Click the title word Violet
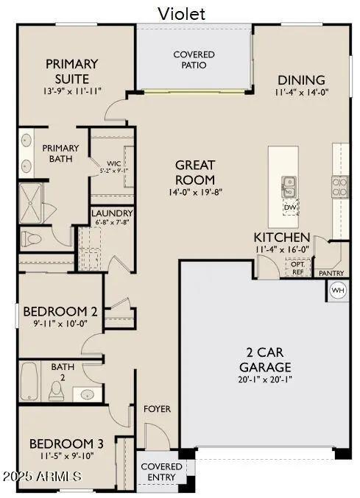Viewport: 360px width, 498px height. [181, 13]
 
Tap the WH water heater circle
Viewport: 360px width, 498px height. [337, 290]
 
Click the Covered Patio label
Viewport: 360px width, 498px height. [194, 60]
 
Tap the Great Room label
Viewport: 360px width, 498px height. [195, 172]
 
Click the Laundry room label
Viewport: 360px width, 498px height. [111, 214]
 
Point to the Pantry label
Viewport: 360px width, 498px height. [331, 273]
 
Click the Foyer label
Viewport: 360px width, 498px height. [157, 409]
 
